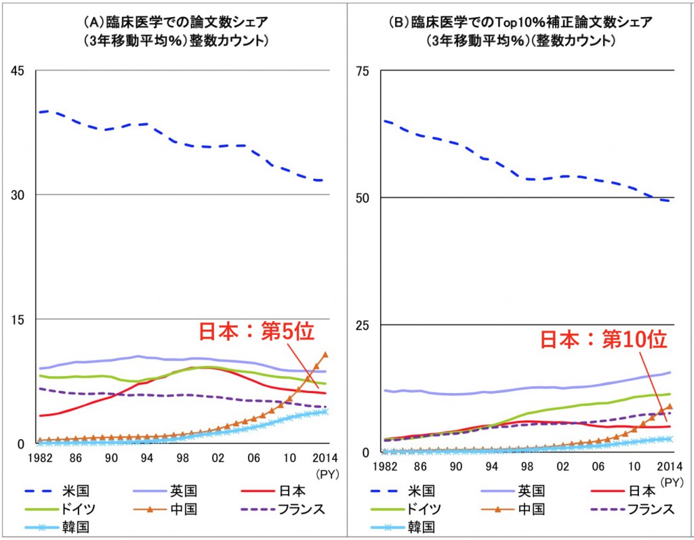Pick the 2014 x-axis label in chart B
tap(669, 466)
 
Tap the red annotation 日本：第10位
tap(604, 339)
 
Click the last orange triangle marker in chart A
tap(326, 354)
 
